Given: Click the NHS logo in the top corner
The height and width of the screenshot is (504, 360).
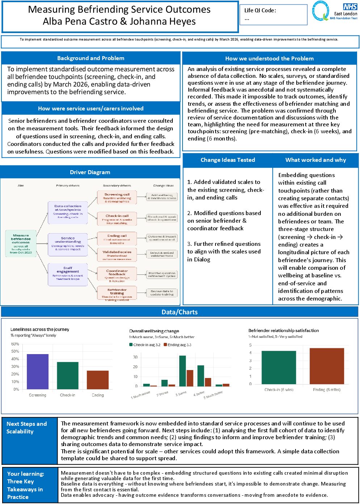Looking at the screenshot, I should pos(350,7).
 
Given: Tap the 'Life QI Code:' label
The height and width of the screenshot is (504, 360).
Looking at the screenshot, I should pos(260,10).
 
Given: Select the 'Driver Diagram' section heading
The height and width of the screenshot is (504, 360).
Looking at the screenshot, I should pos(90,172).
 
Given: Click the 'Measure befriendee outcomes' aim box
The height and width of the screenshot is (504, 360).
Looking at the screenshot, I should pos(21,244).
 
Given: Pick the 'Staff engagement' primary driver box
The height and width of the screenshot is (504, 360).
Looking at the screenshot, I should pos(68,273).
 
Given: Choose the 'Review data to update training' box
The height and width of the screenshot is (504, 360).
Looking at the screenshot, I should pos(162,293).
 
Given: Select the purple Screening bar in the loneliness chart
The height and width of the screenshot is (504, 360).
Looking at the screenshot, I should pos(38,371).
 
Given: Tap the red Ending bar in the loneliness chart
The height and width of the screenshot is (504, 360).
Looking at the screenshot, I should pos(98,380).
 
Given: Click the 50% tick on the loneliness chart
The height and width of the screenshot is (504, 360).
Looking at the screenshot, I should pos(15,351).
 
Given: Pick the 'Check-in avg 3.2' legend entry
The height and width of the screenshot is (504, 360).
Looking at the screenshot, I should pos(145,345).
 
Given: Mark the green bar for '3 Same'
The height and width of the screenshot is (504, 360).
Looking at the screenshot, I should pos(183,371).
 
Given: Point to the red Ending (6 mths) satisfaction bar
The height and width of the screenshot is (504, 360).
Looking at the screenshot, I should pos(327,366).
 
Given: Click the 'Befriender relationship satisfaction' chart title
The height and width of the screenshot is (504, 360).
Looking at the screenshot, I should pos(284,331).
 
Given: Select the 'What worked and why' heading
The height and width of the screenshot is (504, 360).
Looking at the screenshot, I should pos(315,160).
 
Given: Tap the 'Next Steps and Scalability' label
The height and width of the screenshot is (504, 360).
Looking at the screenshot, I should pos(26,428).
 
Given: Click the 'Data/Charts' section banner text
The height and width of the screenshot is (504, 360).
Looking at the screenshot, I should pos(180,312).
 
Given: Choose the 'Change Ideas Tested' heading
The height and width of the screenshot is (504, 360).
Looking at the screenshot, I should pos(228,160).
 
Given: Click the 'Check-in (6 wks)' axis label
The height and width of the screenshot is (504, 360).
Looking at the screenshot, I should pos(279,390).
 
